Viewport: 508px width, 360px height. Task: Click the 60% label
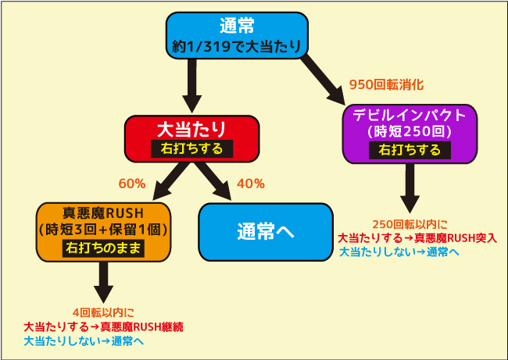[132, 184]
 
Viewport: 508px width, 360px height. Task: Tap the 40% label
[250, 184]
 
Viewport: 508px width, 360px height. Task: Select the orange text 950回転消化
[386, 85]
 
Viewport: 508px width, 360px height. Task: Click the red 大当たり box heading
[191, 129]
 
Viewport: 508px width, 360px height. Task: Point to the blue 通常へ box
[266, 232]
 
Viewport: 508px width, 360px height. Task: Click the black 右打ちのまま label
[103, 248]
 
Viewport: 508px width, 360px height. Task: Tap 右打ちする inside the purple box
[410, 150]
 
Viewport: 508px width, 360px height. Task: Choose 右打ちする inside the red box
[191, 148]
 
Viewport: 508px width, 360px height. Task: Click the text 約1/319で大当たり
[237, 47]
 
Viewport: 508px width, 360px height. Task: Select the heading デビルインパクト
[410, 115]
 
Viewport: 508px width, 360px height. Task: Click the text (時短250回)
[410, 131]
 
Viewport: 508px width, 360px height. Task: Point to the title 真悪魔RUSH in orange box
[103, 213]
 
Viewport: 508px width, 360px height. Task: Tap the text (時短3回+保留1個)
[103, 230]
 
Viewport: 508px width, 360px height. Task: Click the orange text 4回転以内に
[103, 312]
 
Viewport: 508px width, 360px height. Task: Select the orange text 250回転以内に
[410, 224]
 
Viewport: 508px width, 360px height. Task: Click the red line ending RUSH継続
[104, 327]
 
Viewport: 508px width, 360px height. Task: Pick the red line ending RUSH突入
[417, 238]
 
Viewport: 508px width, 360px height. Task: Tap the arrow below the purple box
[410, 188]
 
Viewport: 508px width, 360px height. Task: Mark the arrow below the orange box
[103, 283]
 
